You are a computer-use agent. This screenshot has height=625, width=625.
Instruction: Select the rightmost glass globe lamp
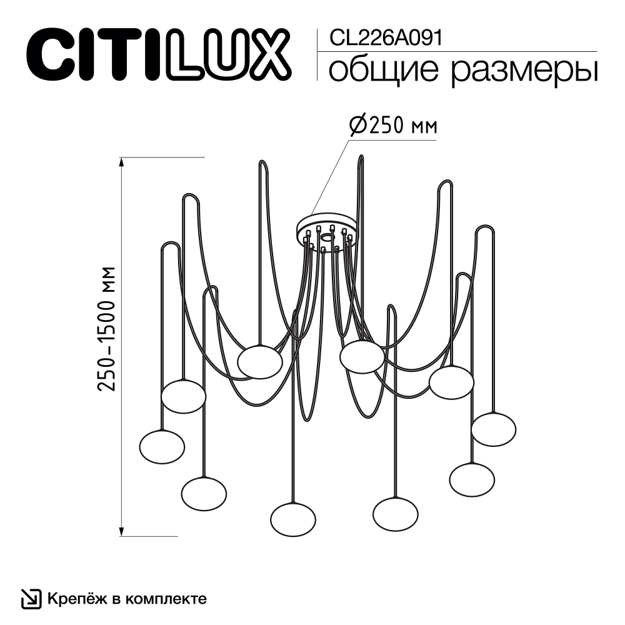point(494,429)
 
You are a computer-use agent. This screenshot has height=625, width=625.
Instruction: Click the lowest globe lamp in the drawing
point(293,519)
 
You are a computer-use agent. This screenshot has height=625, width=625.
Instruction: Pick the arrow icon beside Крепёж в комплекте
point(31,599)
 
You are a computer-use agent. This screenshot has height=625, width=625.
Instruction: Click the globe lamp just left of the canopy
point(260,361)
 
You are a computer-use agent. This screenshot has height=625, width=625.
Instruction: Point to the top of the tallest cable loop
point(361,157)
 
